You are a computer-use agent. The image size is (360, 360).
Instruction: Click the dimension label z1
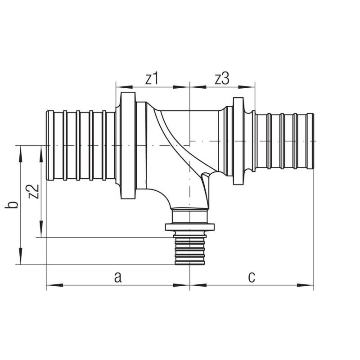coord(152,79)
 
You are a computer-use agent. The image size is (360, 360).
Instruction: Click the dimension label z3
coord(222,79)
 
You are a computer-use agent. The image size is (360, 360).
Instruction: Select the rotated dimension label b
coord(12,205)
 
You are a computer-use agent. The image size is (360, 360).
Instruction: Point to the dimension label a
coord(118,277)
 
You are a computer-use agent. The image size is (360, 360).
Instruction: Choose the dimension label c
coord(252,277)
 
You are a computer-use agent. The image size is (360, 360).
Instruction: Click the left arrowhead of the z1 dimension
coord(124,87)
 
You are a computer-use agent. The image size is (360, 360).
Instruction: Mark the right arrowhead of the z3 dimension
coord(247,87)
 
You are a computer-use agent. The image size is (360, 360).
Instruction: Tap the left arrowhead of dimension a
coord(54,285)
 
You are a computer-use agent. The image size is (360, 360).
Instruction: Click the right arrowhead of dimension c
coord(306,285)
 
